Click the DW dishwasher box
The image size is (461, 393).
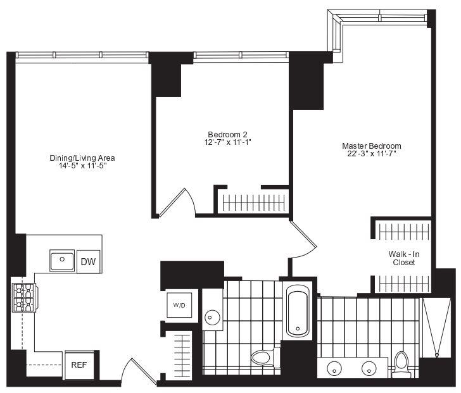pos(89,261)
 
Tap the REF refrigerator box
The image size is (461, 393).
pos(79,365)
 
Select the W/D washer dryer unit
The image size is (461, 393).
pos(179,305)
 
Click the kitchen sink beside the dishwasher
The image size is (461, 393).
pos(62,261)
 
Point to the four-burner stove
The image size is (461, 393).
pos(24,297)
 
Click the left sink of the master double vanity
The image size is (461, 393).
pos(334,368)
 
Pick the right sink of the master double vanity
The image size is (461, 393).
pos(369,368)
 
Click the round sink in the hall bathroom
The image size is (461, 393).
pos(212,318)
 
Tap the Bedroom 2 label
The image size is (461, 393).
pos(227,135)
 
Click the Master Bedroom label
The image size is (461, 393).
pos(372,146)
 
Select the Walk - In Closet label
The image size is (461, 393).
pos(404,258)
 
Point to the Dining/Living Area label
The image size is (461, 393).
pos(82,158)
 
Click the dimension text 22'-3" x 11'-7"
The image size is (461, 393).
pos(372,154)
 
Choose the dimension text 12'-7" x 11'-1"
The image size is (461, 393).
pos(227,142)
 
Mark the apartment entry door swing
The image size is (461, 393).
pos(141,370)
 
